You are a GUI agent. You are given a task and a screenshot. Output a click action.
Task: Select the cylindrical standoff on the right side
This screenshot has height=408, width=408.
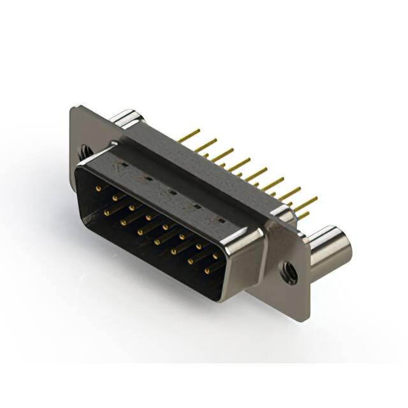click(x=328, y=245)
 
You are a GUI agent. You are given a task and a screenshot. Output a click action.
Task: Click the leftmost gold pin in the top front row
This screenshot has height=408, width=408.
click(x=99, y=189)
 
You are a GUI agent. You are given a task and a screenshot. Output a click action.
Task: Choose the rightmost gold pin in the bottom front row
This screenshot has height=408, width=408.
click(x=207, y=272)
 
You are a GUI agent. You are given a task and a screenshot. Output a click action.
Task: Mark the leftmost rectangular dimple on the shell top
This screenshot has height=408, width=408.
click(x=124, y=165)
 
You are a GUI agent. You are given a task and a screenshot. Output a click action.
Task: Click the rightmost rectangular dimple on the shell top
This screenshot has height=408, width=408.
click(x=220, y=220)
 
